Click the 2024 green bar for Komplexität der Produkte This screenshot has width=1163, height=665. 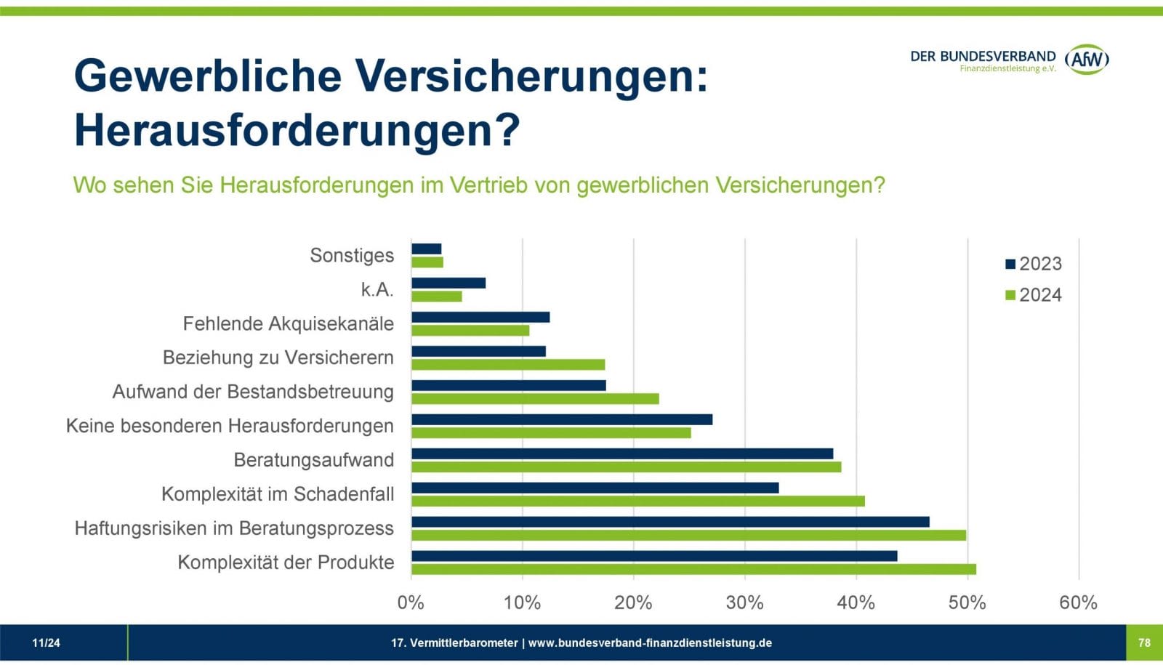[x=693, y=569]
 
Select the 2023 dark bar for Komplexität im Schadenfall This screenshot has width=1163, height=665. [x=595, y=488]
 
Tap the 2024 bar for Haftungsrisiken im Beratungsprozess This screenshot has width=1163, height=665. [x=688, y=535]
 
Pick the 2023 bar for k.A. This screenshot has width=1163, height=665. [x=448, y=283]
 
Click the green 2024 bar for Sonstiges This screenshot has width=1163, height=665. [x=427, y=262]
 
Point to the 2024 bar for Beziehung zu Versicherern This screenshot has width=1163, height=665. [x=507, y=365]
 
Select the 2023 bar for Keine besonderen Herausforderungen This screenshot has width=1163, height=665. [x=561, y=419]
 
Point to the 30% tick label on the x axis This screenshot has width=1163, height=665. [x=744, y=602]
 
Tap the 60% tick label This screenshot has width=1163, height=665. [x=1078, y=602]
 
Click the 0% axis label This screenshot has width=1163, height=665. [x=411, y=602]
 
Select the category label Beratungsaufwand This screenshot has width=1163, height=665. [x=313, y=460]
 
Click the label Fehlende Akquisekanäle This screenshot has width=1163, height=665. [x=288, y=323]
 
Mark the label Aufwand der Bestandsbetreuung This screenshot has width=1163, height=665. [x=253, y=392]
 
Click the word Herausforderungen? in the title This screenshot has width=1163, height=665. [x=297, y=131]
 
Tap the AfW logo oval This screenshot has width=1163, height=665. [x=1087, y=60]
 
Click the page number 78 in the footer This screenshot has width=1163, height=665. [x=1144, y=642]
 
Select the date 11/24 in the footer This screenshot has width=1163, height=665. [x=46, y=642]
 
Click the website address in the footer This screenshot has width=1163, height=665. [x=650, y=642]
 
